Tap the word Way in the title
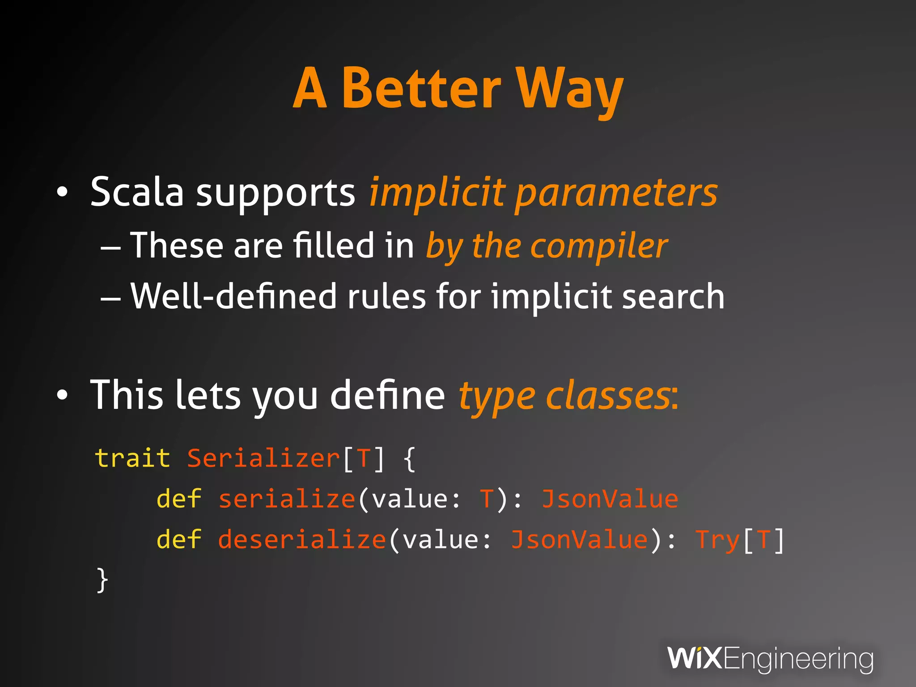(570, 89)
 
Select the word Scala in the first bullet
(137, 192)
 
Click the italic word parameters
(616, 193)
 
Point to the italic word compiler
(599, 246)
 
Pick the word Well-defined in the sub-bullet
(233, 296)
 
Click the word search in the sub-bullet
(673, 296)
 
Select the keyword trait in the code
(133, 458)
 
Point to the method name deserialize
(302, 539)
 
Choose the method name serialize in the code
(287, 499)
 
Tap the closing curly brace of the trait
(102, 580)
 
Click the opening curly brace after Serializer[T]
(409, 459)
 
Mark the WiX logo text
(694, 658)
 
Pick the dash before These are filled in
(110, 247)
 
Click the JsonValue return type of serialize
(610, 499)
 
